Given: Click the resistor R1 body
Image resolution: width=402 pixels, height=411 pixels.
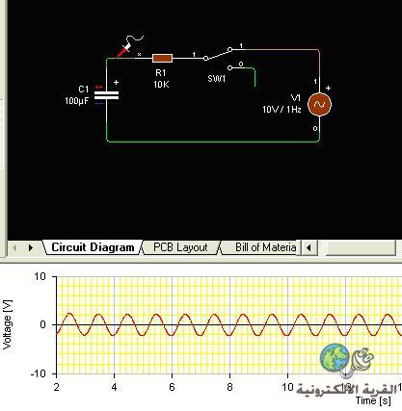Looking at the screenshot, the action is coord(162,59).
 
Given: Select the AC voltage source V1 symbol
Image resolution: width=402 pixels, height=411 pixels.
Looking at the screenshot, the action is coord(319,104).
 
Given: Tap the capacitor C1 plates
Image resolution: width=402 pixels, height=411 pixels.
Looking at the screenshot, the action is coord(106,95).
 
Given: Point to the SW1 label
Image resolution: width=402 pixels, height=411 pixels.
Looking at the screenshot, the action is coord(217,79).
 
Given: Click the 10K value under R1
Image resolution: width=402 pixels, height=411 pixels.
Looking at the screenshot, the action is coord(161,85).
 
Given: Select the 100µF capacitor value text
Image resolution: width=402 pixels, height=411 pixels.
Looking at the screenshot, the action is coord(76,101).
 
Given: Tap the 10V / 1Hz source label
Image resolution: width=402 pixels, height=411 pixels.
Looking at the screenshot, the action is coord(281,110).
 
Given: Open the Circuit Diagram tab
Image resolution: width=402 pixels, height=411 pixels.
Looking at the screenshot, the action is coord(93,247).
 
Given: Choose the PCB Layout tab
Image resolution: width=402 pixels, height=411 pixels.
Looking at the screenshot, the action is coord(180,247).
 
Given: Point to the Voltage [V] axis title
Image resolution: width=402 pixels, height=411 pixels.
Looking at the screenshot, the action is coord(7,324).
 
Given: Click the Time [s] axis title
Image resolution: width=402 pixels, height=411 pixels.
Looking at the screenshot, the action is coord(373,400).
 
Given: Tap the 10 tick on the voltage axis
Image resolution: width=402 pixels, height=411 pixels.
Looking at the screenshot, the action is coord(40,276).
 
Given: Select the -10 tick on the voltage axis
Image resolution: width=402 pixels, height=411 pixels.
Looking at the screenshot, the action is coord(38,373).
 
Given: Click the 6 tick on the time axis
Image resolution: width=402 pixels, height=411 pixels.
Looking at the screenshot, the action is coord(172,387).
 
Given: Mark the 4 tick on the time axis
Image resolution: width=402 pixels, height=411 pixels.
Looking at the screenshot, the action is coord(114,387).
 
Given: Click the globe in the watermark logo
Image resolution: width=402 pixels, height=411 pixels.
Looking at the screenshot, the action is coord(335,357).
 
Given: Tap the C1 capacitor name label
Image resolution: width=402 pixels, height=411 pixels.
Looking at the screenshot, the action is coord(84,90).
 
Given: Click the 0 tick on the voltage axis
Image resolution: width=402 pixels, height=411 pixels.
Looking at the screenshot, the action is coord(43,324).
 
